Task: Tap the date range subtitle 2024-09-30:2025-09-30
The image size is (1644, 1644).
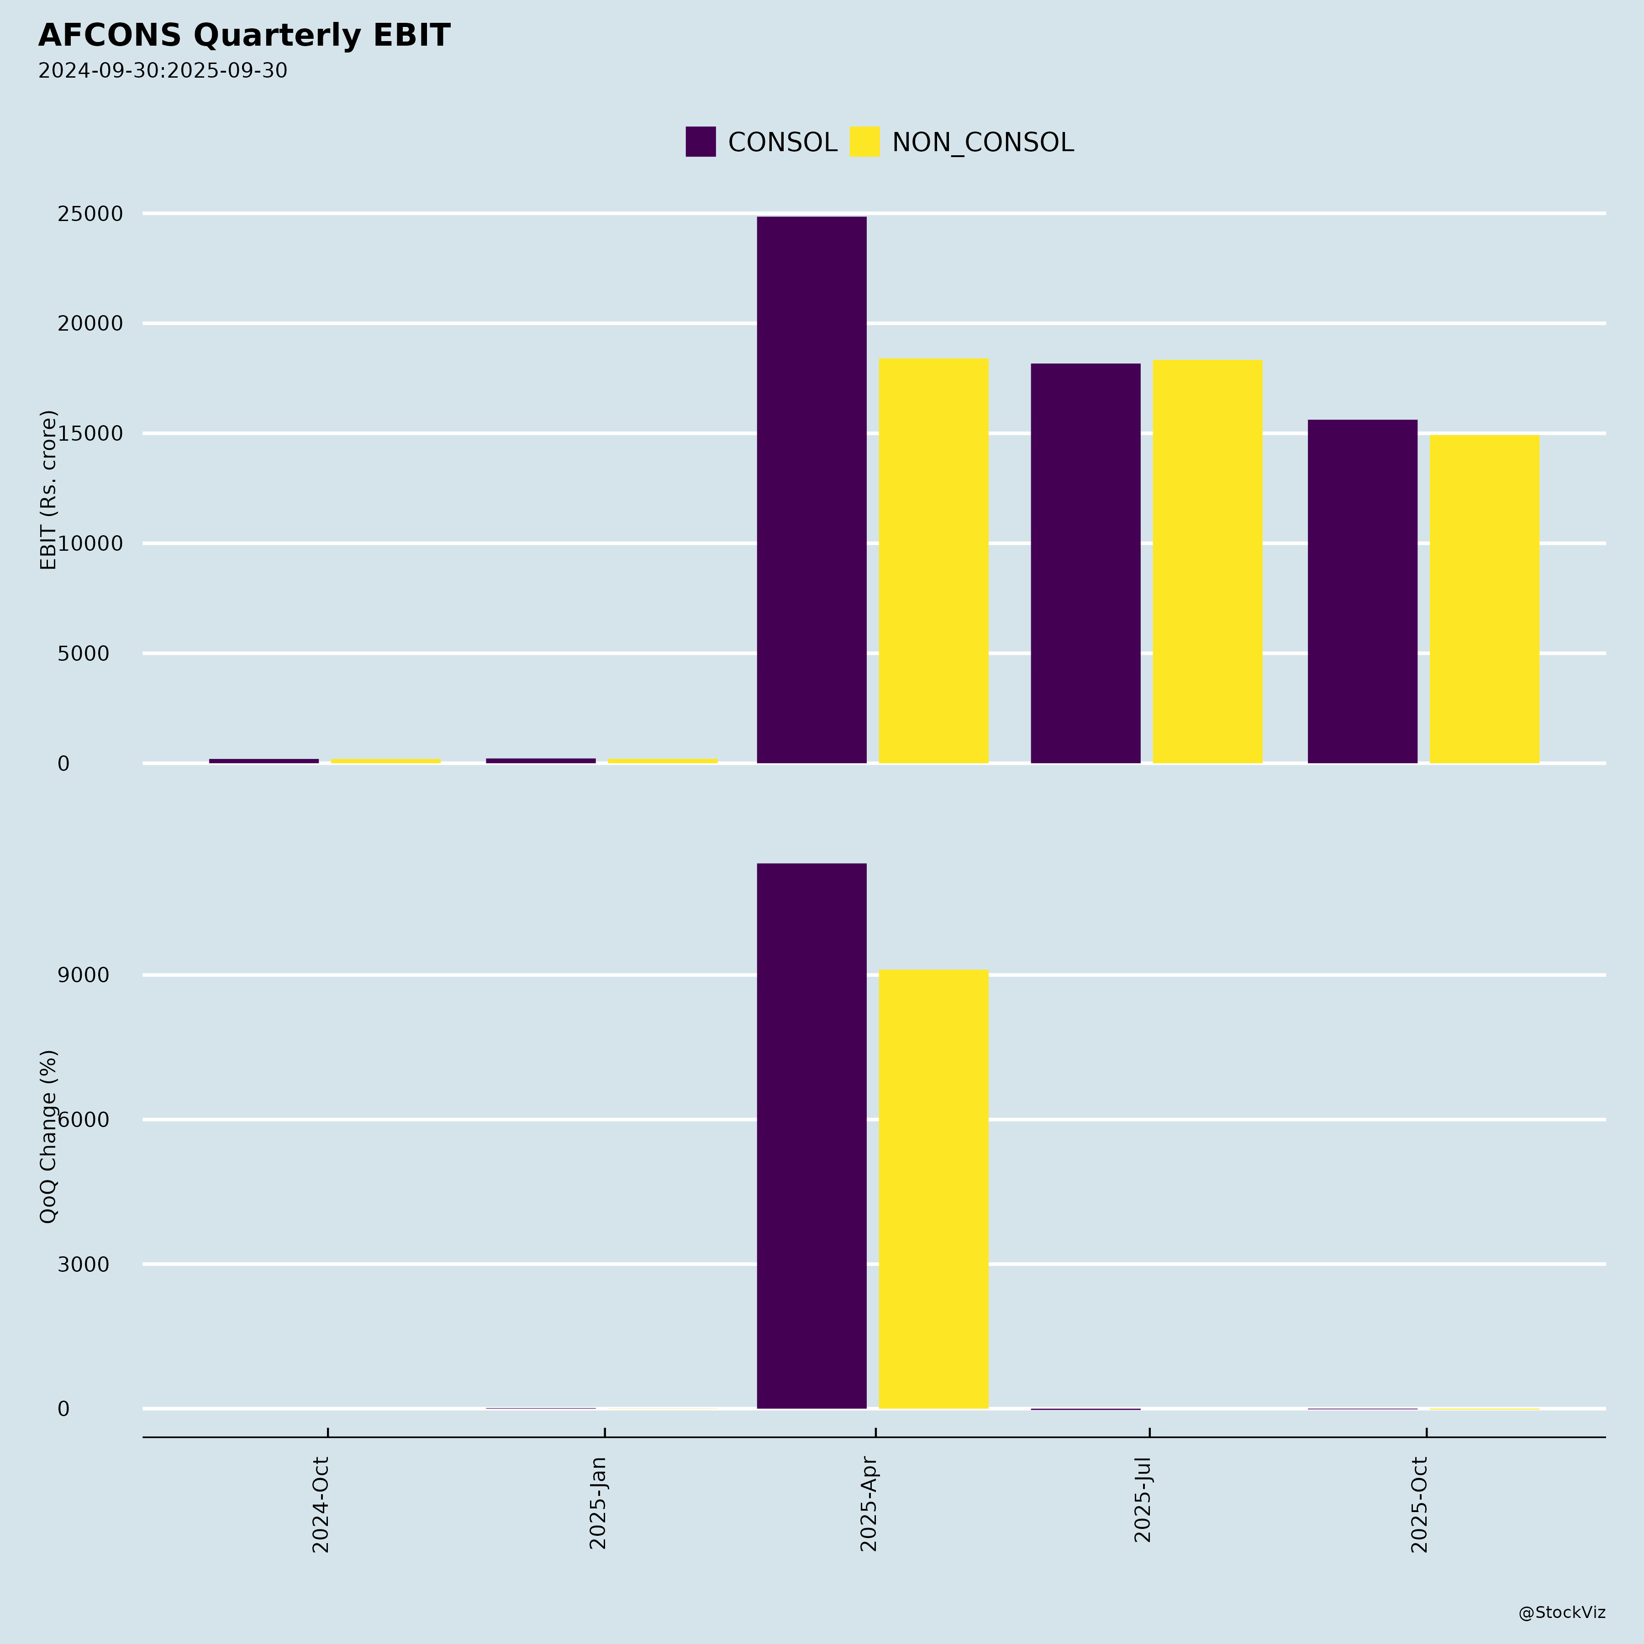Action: pos(163,71)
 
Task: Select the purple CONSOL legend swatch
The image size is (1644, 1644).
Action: pos(701,141)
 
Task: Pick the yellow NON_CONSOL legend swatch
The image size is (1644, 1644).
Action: pos(864,141)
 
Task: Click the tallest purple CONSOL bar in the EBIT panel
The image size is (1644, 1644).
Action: pos(812,489)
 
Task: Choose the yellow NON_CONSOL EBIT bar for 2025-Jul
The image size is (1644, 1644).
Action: pos(1207,562)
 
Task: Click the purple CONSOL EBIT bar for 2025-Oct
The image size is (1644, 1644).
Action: pos(1362,591)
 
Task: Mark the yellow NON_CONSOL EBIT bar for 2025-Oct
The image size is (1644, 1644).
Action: pos(1484,599)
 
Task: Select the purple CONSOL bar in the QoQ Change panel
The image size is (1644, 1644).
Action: pos(812,1136)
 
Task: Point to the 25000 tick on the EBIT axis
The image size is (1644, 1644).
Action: pos(90,214)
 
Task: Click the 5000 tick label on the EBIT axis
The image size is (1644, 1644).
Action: pos(84,653)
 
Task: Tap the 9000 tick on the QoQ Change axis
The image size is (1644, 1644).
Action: pos(84,975)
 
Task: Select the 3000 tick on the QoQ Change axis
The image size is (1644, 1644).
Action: pos(84,1265)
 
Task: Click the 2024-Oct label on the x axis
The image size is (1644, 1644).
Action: pos(321,1504)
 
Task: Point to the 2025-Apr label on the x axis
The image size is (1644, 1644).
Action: pos(869,1504)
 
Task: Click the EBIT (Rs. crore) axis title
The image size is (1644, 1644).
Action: pos(48,490)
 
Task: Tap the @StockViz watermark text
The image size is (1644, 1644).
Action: pos(1561,1612)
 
